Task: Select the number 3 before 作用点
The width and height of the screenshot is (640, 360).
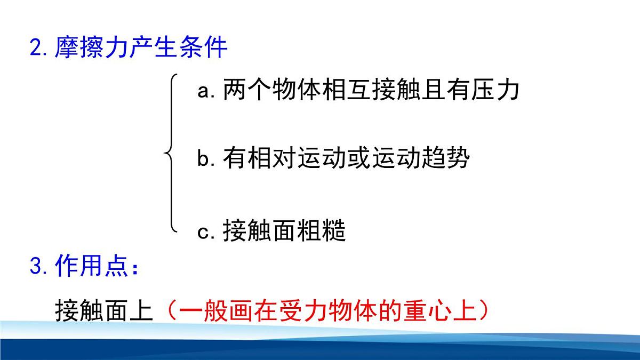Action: (x=36, y=267)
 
